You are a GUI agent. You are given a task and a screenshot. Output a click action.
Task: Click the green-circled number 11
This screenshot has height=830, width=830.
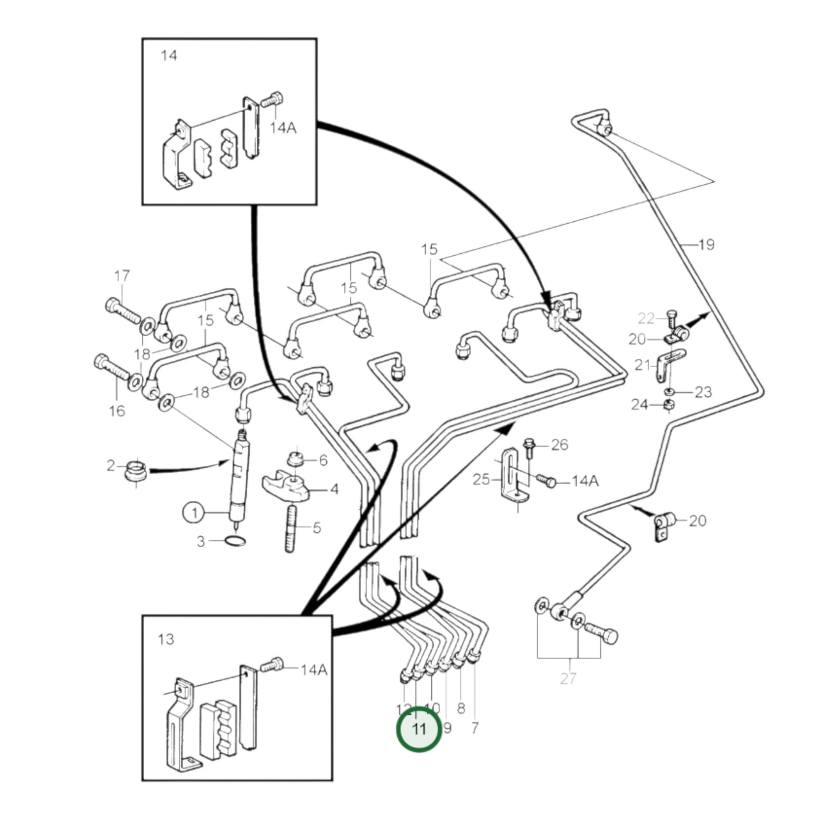(x=419, y=729)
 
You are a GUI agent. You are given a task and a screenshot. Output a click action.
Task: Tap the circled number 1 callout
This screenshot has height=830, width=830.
(x=194, y=512)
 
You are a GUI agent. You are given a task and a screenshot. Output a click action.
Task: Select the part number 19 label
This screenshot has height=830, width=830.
(x=706, y=245)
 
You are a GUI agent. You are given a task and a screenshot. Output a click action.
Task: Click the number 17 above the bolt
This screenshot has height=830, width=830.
(x=122, y=276)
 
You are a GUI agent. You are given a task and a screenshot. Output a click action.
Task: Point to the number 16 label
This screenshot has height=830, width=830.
(x=117, y=411)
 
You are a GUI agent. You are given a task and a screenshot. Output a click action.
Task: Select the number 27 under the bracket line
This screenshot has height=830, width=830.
(x=568, y=678)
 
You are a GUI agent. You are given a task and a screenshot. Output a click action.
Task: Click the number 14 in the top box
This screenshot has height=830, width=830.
(x=169, y=56)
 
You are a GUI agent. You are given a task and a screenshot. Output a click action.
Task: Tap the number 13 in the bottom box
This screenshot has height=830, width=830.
(x=166, y=639)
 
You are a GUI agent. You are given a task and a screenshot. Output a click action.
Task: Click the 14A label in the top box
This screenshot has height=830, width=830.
(x=283, y=128)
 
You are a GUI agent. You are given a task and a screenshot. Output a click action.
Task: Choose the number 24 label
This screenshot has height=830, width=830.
(x=639, y=405)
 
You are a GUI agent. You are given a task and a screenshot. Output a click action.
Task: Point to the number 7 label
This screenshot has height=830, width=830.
(x=474, y=728)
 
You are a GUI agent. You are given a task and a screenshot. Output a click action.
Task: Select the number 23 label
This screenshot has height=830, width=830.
(x=703, y=392)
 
